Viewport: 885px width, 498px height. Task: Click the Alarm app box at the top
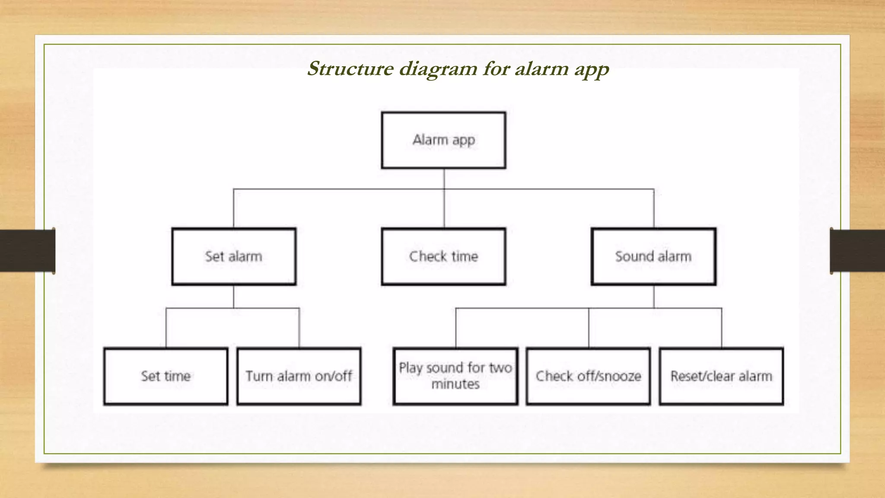(443, 140)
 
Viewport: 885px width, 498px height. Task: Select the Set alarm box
(234, 256)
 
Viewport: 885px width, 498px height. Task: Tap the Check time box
(443, 256)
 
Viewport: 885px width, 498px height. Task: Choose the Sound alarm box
(653, 256)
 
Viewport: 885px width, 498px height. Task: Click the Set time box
(166, 376)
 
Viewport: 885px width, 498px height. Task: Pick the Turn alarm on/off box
(299, 376)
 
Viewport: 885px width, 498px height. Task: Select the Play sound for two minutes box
(455, 376)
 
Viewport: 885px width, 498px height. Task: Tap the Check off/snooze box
(588, 376)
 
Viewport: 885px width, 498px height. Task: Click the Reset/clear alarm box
(721, 376)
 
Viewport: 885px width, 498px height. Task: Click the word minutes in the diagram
(455, 384)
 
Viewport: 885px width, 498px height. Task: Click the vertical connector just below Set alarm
(234, 297)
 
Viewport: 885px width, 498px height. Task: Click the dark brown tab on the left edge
(27, 251)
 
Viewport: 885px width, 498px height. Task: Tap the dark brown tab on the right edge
(857, 251)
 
